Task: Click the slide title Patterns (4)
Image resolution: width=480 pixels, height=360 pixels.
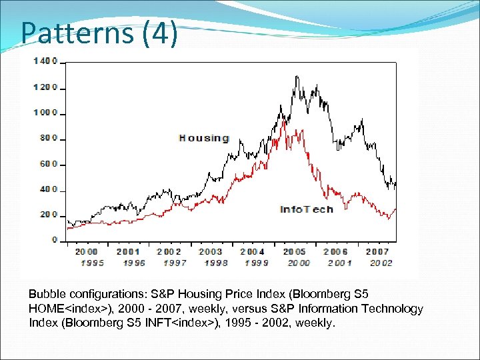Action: (99, 32)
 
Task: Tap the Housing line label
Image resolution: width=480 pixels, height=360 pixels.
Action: (204, 139)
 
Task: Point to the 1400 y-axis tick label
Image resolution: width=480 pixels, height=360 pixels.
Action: (46, 61)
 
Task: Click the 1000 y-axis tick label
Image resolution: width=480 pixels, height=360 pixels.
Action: (46, 113)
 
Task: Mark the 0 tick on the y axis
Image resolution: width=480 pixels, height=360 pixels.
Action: (55, 240)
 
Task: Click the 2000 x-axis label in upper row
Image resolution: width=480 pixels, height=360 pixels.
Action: (86, 251)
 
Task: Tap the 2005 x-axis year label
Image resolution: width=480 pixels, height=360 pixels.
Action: (294, 251)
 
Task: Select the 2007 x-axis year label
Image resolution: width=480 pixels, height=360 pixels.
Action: (377, 251)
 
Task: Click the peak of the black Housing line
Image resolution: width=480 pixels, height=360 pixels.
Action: (296, 77)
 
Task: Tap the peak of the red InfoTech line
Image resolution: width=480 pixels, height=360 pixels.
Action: (285, 121)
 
